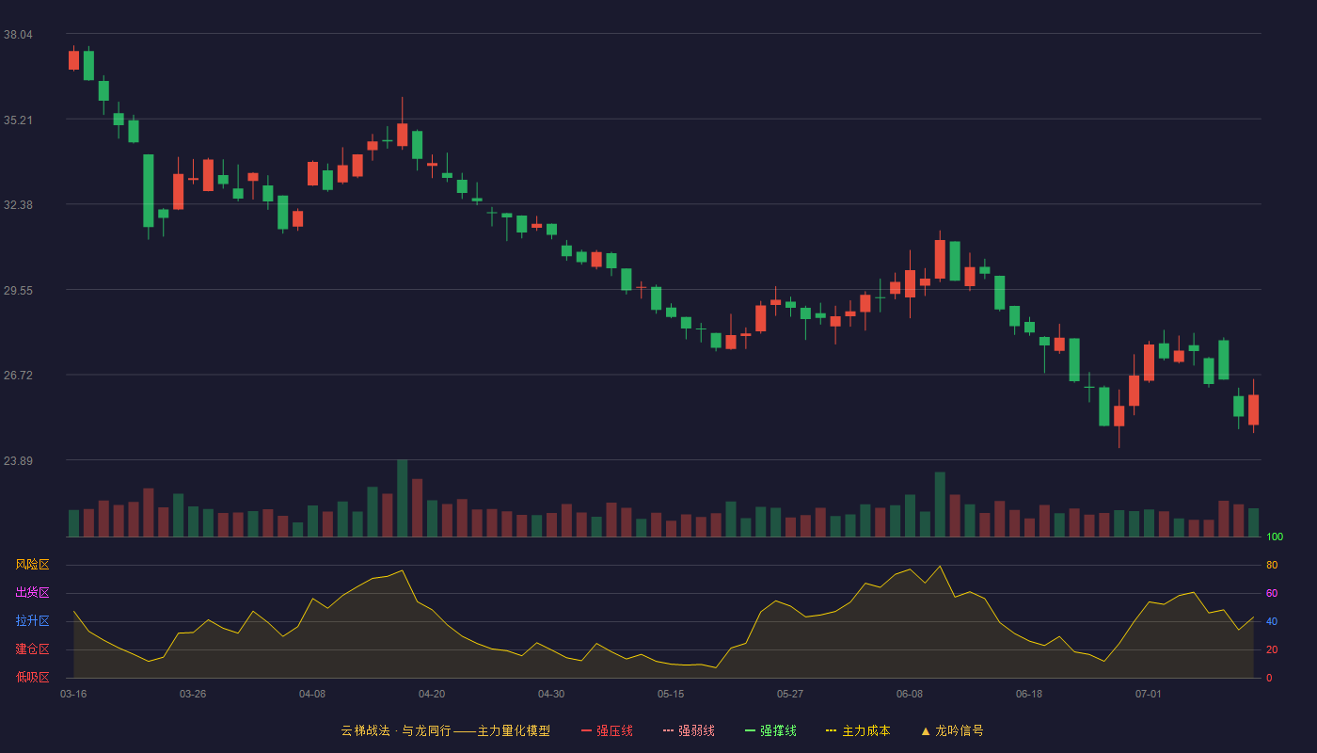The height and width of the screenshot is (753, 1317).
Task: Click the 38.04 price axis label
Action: [18, 35]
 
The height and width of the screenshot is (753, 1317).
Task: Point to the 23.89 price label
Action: [18, 460]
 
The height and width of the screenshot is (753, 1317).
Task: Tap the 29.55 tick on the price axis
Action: [18, 291]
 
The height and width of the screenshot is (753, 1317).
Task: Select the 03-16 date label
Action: [73, 695]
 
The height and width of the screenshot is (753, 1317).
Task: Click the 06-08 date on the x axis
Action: [910, 695]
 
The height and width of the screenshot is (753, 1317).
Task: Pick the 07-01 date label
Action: [1149, 695]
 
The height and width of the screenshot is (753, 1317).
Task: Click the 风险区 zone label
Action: [32, 565]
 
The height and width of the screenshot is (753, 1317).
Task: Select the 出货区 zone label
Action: [32, 592]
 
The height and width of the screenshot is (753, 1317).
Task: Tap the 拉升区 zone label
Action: [32, 620]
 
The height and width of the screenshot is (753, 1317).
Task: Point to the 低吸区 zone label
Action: [32, 677]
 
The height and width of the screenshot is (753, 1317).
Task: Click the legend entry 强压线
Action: [607, 730]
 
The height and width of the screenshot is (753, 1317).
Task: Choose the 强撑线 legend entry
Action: [770, 730]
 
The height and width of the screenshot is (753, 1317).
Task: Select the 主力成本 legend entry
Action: [858, 730]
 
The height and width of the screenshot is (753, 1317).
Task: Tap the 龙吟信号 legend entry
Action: [952, 730]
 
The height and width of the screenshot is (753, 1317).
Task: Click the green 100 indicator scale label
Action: [1275, 537]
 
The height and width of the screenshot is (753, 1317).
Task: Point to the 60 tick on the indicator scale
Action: [1272, 593]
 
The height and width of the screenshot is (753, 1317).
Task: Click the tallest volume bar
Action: [403, 498]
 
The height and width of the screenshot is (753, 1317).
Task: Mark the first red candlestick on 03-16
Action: [73, 60]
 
